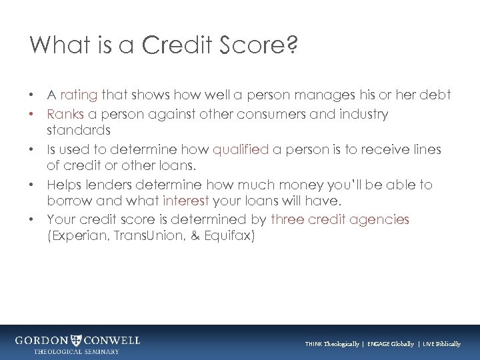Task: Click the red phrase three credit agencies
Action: point(339,219)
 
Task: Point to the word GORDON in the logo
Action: point(41,340)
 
